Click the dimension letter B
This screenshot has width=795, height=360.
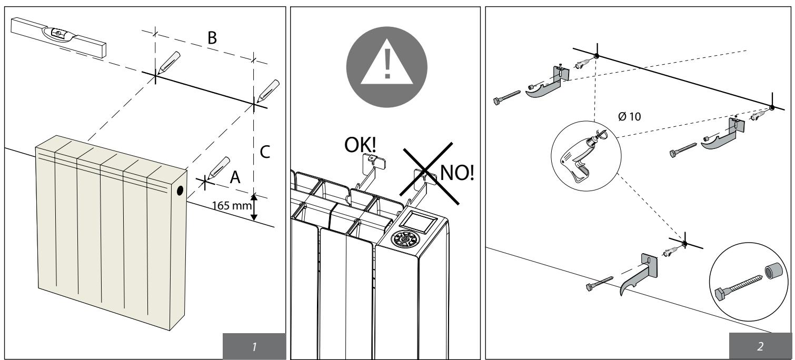click(212, 37)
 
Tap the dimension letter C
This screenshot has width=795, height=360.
click(265, 152)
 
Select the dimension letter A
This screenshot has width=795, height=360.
click(235, 177)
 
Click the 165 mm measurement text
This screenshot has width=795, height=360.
click(232, 205)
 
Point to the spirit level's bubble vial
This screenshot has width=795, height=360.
click(58, 33)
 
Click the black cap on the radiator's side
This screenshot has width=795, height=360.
click(180, 191)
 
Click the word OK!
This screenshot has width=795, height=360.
click(360, 145)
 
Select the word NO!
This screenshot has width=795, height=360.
click(457, 173)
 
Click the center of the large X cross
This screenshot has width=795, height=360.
click(429, 174)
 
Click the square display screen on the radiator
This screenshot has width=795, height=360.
click(418, 223)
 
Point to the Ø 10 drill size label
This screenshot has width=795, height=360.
click(629, 116)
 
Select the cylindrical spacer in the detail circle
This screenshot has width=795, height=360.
click(772, 272)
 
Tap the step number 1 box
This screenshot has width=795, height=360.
click(254, 346)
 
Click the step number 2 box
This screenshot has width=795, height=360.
click(760, 346)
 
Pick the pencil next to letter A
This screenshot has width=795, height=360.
click(219, 167)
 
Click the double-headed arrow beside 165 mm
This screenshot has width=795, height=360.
click(254, 207)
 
